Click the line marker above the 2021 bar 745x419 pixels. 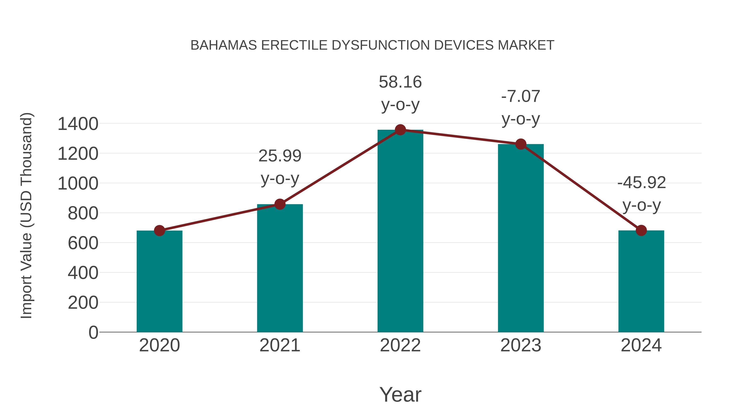coord(280,204)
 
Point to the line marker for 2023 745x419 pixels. coord(521,144)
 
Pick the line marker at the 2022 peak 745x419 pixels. coord(400,130)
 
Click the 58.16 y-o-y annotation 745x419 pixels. coord(400,93)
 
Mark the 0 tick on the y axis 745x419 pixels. coord(93,332)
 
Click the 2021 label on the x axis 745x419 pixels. coord(280,345)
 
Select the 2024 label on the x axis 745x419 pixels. coord(641,345)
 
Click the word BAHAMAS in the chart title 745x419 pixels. coord(223,45)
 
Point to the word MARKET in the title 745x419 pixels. coord(526,45)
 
